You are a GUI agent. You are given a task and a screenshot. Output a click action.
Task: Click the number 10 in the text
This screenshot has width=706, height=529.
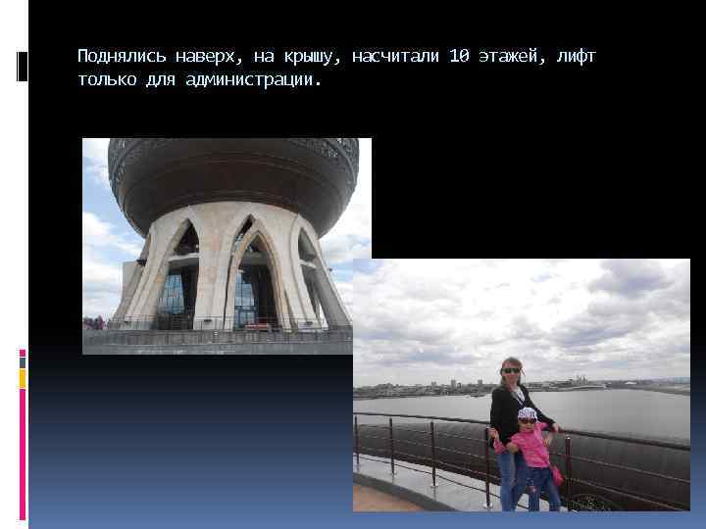click(459, 56)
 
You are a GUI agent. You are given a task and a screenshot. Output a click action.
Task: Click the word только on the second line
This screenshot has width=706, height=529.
click(104, 78)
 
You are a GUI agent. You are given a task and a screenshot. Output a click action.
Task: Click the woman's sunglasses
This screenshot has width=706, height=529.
click(511, 369)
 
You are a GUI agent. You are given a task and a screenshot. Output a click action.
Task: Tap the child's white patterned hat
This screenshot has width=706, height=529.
click(528, 413)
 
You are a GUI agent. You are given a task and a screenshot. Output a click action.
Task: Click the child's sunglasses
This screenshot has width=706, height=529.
click(528, 421)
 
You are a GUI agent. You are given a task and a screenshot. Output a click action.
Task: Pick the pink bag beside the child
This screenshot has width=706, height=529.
click(557, 475)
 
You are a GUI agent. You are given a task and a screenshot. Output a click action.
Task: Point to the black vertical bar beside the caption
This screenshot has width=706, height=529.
click(24, 66)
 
